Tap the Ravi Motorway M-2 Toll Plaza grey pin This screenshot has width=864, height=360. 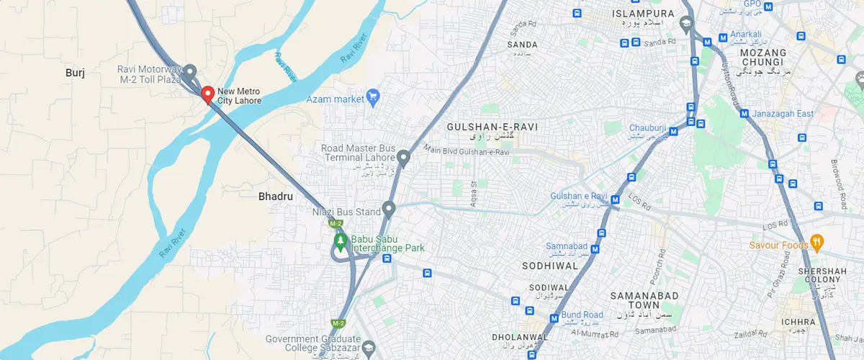coord(189,72)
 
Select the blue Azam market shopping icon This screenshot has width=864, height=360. coord(372,96)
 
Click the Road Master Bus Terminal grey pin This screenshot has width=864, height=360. coord(404,156)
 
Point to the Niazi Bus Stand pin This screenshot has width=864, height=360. coord(389,210)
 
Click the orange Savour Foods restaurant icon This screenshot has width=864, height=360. coord(816,240)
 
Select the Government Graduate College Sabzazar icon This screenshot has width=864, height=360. coord(368,348)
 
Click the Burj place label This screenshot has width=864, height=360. coord(75,73)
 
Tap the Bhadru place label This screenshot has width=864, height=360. coord(276,196)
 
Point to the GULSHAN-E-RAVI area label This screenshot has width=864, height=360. coord(492,127)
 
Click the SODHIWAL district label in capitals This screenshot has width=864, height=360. coord(551,266)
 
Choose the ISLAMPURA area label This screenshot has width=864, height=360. coord(643,14)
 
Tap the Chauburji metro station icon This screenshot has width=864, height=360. coord(673,131)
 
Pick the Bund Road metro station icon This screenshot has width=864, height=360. coord(554,318)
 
